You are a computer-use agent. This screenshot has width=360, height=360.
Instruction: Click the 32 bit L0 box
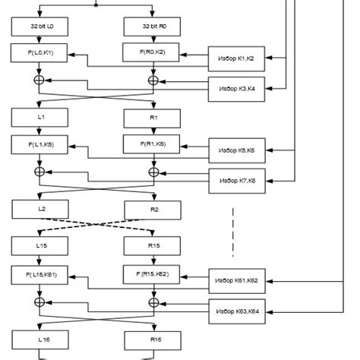pyautogui.click(x=39, y=27)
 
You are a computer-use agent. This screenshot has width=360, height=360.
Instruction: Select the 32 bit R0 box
pyautogui.click(x=153, y=27)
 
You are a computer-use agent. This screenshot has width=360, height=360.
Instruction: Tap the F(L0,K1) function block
pyautogui.click(x=39, y=53)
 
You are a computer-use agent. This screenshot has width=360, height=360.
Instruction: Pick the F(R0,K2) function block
pyautogui.click(x=153, y=52)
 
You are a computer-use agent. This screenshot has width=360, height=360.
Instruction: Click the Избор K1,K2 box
pyautogui.click(x=237, y=58)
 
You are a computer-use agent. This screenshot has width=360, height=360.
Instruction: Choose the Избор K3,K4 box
pyautogui.click(x=237, y=90)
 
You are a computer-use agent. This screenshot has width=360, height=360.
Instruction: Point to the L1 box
pyautogui.click(x=39, y=118)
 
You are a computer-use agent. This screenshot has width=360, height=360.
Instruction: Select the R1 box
pyautogui.click(x=153, y=118)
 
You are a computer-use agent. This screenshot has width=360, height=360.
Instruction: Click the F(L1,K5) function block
pyautogui.click(x=39, y=144)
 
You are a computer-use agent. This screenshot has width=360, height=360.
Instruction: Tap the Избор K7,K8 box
pyautogui.click(x=237, y=181)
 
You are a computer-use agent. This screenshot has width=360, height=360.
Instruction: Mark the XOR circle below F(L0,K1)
pyautogui.click(x=39, y=79)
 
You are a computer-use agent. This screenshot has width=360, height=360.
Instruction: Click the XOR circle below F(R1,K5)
pyautogui.click(x=153, y=172)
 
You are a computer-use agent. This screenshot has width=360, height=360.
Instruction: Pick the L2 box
pyautogui.click(x=39, y=208)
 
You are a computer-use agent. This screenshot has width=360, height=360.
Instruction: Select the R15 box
pyautogui.click(x=153, y=246)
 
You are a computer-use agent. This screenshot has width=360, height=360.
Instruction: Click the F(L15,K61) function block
pyautogui.click(x=39, y=273)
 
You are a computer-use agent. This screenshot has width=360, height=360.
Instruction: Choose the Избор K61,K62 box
pyautogui.click(x=237, y=280)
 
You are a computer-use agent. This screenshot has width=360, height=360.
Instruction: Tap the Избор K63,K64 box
pyautogui.click(x=237, y=311)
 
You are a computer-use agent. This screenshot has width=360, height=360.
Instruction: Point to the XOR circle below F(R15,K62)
pyautogui.click(x=153, y=302)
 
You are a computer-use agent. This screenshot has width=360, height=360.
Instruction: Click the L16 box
pyautogui.click(x=39, y=339)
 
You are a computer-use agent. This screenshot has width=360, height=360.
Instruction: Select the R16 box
pyautogui.click(x=153, y=339)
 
